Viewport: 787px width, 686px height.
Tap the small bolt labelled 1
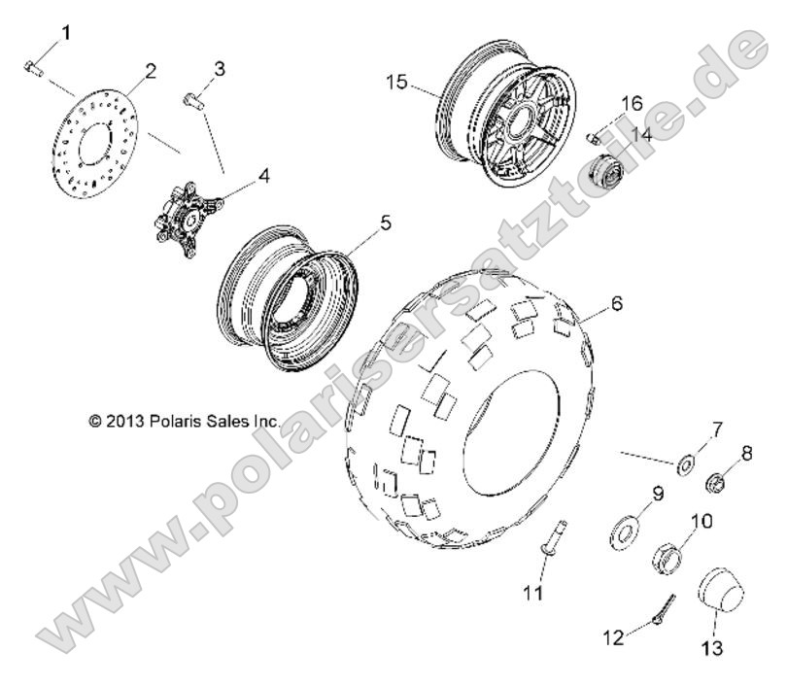(30, 67)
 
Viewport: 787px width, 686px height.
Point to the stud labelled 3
(194, 99)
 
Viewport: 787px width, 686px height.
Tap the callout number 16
(632, 103)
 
